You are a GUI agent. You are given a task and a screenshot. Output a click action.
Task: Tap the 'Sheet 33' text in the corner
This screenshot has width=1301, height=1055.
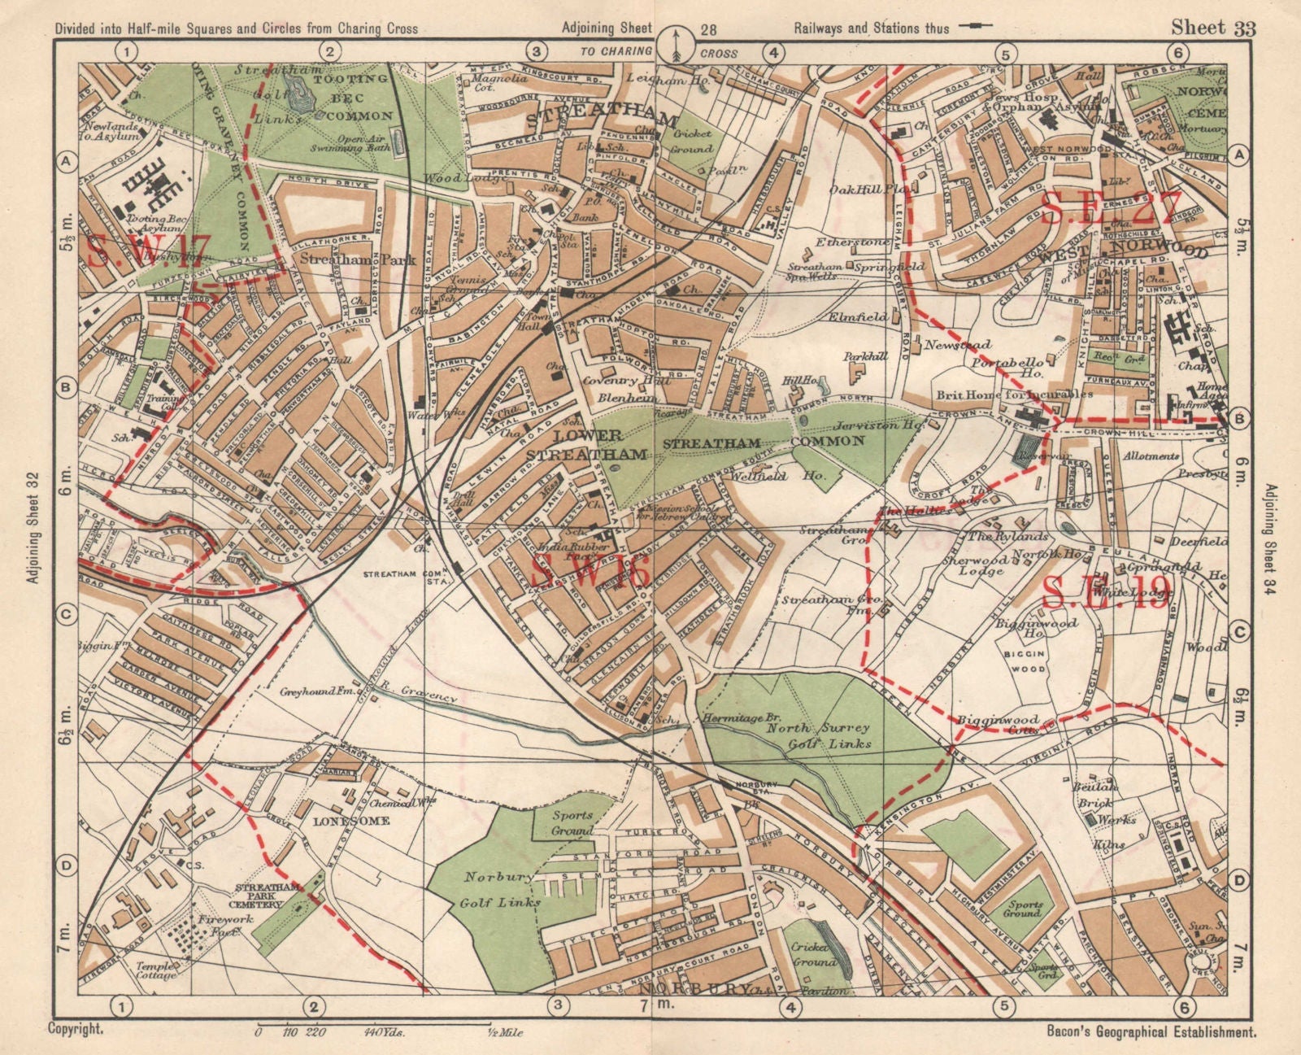[x=1212, y=28]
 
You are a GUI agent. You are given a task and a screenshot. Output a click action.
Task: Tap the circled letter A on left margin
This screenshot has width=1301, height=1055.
[x=67, y=162]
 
